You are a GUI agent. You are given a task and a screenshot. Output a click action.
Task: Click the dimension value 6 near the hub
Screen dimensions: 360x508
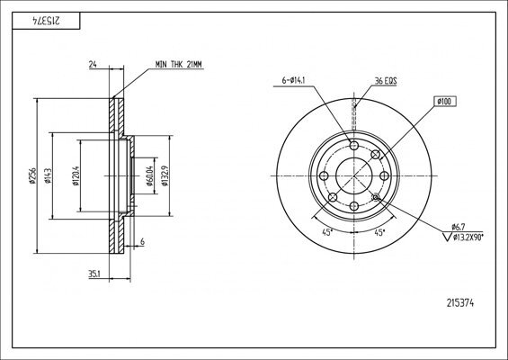pos(143,241)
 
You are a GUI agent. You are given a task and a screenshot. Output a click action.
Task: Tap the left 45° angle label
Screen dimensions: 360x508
pos(326,232)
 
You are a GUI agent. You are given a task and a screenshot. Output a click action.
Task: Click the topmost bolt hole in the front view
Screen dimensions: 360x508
pos(352,147)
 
